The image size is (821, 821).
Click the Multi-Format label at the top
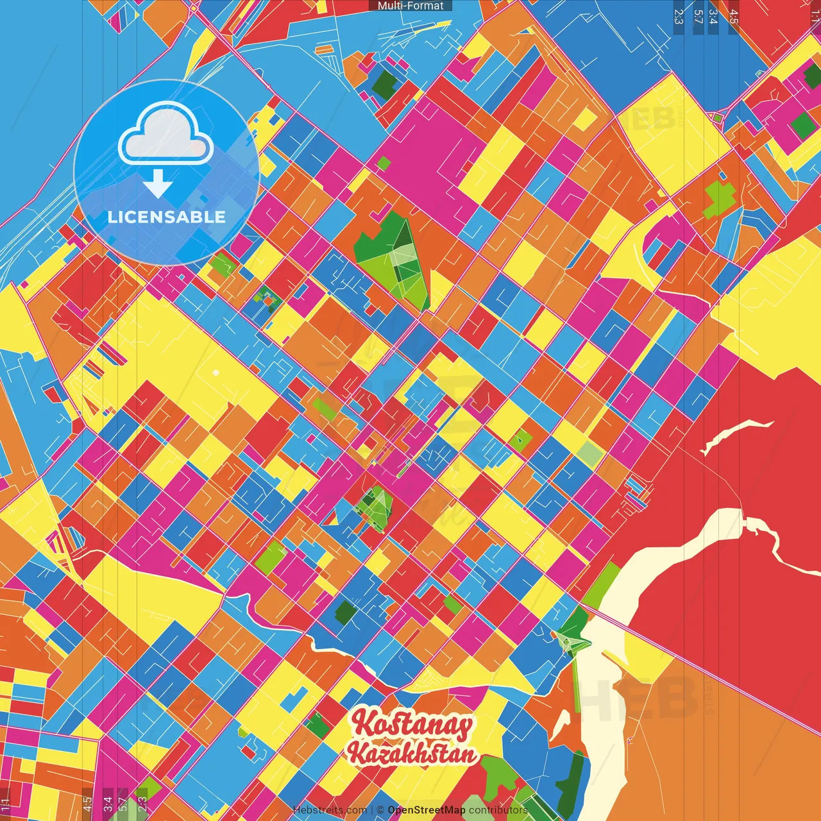410,6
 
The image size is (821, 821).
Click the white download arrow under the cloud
157,183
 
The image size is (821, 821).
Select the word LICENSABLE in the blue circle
167,217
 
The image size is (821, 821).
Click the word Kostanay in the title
412,725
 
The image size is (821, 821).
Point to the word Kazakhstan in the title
413,754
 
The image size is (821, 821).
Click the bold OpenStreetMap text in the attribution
426,810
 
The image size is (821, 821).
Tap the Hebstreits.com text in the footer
330,810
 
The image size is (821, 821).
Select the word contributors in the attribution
498,810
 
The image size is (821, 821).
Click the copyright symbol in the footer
380,810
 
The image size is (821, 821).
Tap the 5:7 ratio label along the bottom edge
123,804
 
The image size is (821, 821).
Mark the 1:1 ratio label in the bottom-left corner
5,804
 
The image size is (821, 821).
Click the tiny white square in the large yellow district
216,373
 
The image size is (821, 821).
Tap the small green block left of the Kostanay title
317,725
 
